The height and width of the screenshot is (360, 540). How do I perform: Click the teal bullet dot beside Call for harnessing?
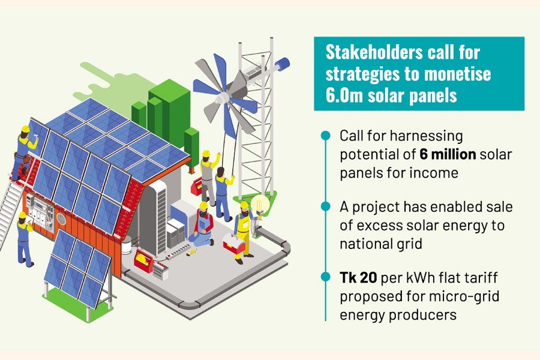pos(325,136)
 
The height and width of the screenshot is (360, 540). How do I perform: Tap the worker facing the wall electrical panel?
pos(23,237)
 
